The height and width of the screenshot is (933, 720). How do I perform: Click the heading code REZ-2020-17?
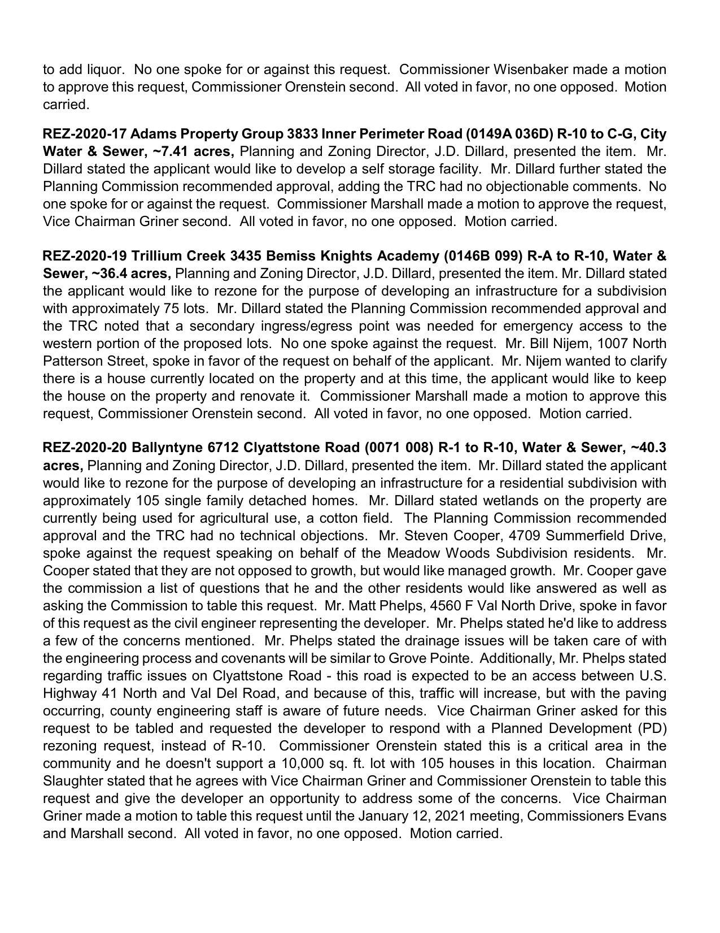click(x=85, y=134)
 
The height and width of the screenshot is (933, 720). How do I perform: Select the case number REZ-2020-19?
click(x=85, y=256)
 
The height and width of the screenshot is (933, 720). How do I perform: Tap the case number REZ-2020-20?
click(x=85, y=448)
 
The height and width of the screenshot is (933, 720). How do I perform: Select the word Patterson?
click(x=69, y=361)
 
